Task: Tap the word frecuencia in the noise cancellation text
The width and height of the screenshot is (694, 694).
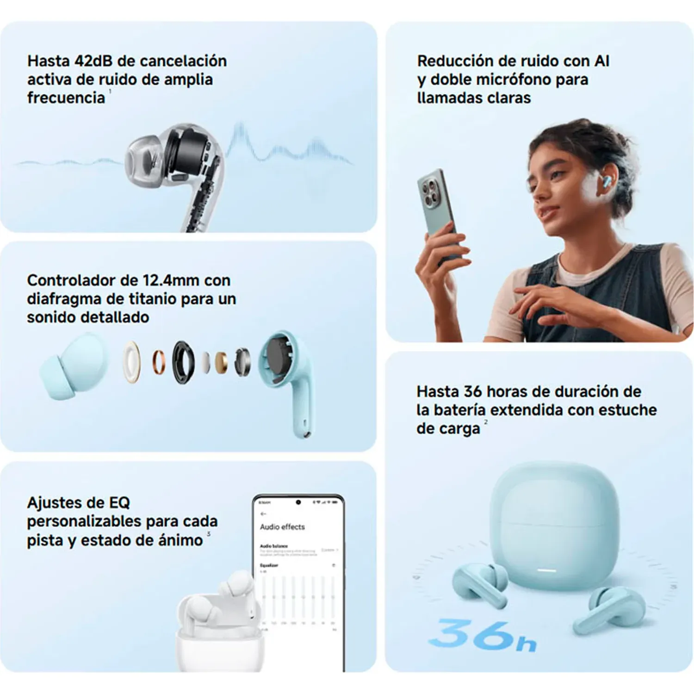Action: pyautogui.click(x=66, y=98)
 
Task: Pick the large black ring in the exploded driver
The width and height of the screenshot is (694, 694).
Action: pyautogui.click(x=183, y=363)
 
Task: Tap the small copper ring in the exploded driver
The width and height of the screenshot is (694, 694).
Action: pyautogui.click(x=159, y=362)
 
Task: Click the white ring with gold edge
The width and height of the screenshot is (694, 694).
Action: pyautogui.click(x=132, y=362)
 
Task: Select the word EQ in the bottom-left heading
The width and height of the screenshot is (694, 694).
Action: pyautogui.click(x=119, y=503)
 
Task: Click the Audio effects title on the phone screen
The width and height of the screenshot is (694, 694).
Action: pyautogui.click(x=282, y=527)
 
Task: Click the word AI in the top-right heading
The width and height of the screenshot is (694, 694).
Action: pyautogui.click(x=601, y=61)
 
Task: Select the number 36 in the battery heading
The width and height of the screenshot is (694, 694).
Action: pyautogui.click(x=472, y=392)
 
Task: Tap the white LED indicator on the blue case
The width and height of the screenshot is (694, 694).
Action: pyautogui.click(x=546, y=570)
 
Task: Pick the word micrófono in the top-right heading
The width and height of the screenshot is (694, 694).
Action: pyautogui.click(x=514, y=80)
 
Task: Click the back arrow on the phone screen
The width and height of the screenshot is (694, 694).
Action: pyautogui.click(x=264, y=514)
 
